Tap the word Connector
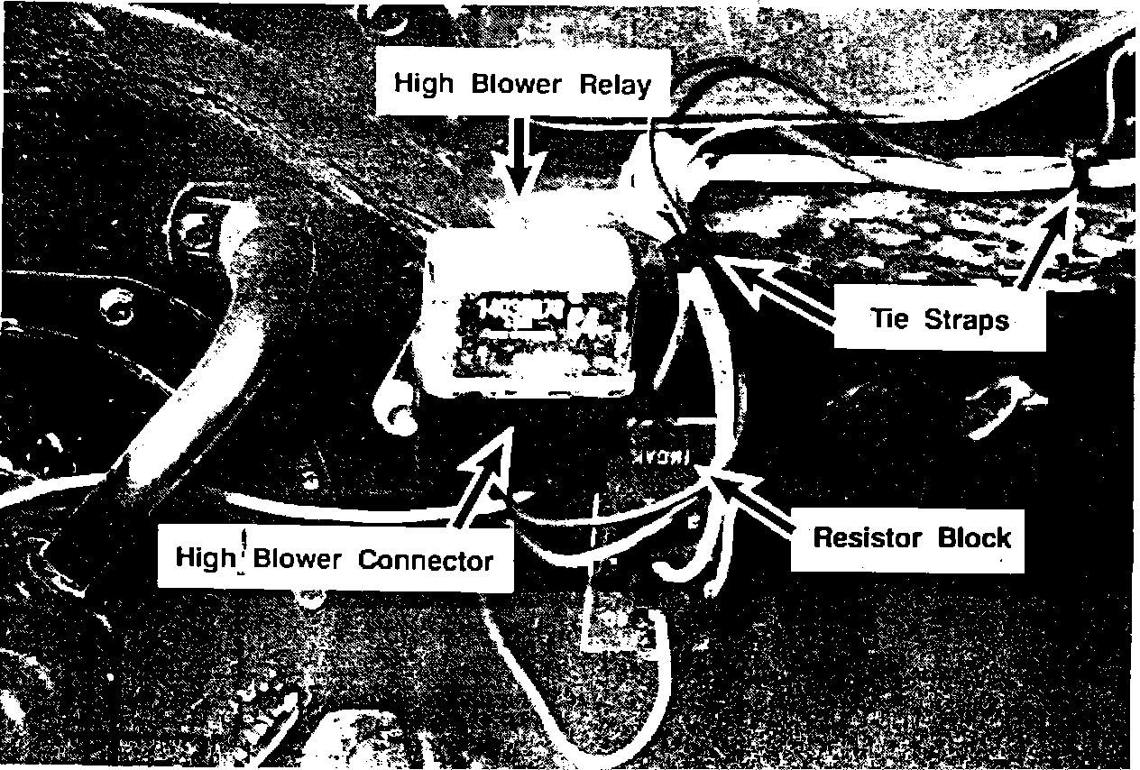click(426, 560)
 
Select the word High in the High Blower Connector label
click(205, 557)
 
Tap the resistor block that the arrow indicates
click(663, 451)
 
